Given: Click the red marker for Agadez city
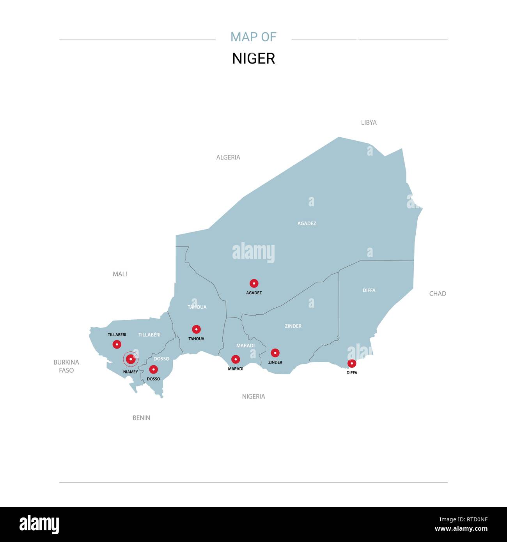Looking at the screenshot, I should (254, 283).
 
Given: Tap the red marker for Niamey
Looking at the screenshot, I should (131, 359).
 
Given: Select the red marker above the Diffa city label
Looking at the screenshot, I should (352, 363).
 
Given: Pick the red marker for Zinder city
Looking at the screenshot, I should (275, 353).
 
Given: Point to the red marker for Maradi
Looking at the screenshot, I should (236, 359).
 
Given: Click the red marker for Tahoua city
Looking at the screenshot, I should (196, 329).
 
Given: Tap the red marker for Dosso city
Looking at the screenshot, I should (154, 369).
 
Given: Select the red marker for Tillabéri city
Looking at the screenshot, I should (117, 344).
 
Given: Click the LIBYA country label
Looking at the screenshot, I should (369, 122).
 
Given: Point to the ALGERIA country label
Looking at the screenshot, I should (228, 158).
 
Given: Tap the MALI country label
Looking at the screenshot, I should (120, 274).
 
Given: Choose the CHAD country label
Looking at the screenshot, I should (438, 294).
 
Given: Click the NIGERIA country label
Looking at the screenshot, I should (253, 397).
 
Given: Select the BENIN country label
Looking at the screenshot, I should (141, 418).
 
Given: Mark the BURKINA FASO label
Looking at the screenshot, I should (66, 366).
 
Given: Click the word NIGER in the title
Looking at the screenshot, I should (253, 58).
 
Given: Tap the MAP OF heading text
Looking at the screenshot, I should (253, 37).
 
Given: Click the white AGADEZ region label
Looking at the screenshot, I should (307, 223).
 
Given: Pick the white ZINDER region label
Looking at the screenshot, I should (293, 326).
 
